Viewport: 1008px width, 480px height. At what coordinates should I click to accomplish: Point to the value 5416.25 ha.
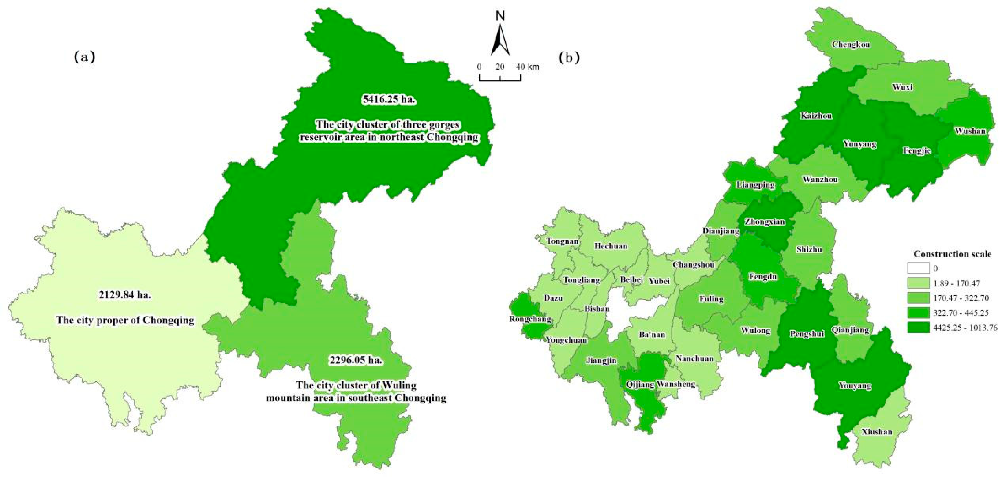[388, 99]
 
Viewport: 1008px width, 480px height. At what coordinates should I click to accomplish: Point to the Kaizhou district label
[816, 116]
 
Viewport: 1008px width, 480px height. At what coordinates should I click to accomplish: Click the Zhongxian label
[765, 222]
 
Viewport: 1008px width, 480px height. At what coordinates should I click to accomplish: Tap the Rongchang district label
[530, 319]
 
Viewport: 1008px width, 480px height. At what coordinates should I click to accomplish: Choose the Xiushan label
[877, 432]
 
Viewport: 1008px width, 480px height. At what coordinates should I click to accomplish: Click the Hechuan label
[611, 246]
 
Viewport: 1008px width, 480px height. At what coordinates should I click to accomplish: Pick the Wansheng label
[676, 384]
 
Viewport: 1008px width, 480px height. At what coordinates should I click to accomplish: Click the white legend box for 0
[918, 268]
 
